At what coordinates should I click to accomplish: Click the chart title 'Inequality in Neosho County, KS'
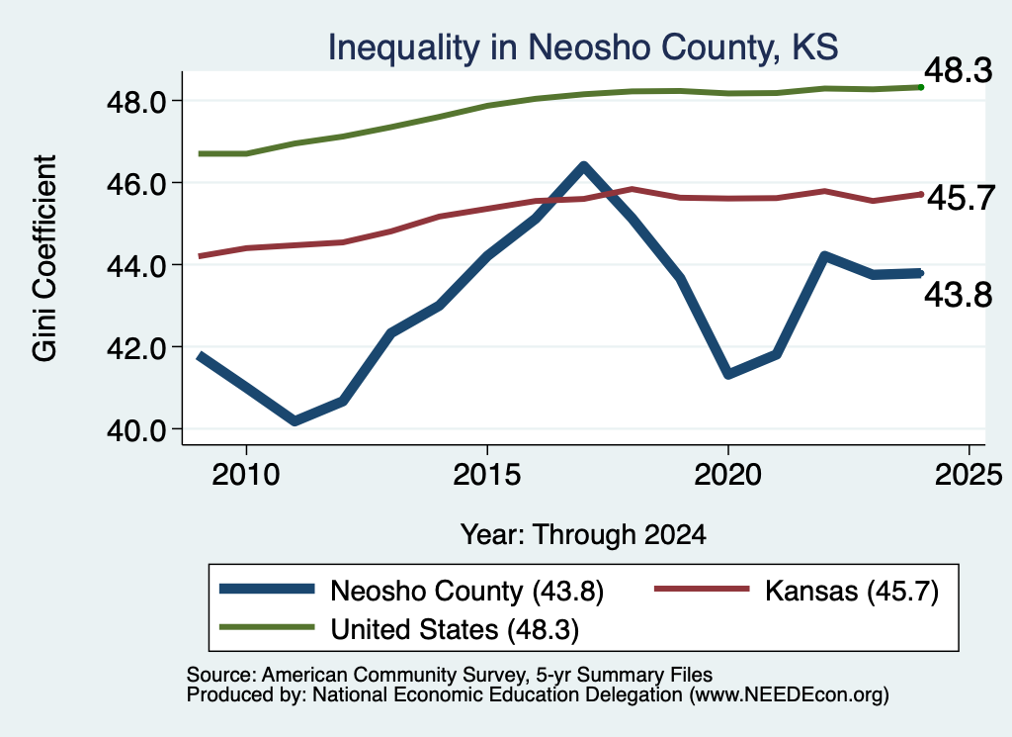pos(583,47)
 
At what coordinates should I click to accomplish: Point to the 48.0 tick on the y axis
pos(136,102)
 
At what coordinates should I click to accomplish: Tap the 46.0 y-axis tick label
pos(136,183)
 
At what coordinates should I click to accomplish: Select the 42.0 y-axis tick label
pos(136,347)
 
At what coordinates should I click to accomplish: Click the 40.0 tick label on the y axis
pos(136,429)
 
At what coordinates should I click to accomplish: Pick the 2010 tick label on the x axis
pos(246,475)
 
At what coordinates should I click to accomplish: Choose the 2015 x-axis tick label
pos(486,475)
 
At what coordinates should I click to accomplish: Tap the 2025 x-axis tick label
pos(969,475)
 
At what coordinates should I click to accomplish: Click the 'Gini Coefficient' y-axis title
pos(44,258)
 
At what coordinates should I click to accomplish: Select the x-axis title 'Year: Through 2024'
pos(583,535)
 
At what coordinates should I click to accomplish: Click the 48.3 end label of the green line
pos(959,70)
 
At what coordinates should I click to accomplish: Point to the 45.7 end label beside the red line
pos(961,198)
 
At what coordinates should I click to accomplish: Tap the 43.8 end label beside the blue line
pos(959,296)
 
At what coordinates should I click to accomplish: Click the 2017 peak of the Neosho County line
pos(583,166)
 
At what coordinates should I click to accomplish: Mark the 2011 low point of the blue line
pos(295,421)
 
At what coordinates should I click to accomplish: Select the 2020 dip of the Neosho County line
pos(728,374)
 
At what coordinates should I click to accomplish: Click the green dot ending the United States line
pos(921,87)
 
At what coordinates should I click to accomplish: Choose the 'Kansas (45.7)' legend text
pos(852,591)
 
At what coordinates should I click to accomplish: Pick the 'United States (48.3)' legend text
pos(455,630)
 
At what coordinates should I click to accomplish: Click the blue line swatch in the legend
pos(267,589)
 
